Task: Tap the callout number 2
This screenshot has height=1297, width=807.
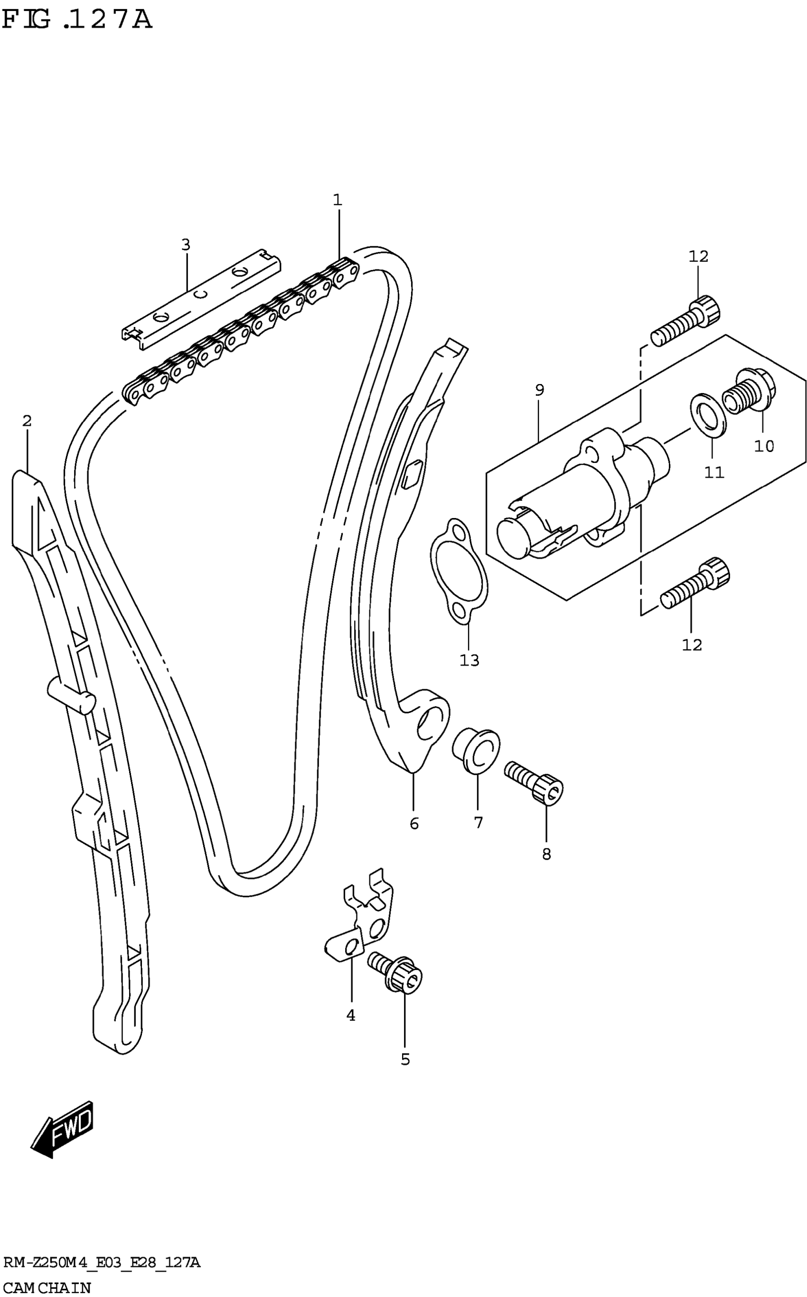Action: click(x=27, y=421)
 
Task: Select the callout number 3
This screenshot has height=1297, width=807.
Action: click(x=185, y=245)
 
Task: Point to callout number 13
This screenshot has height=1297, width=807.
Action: click(x=469, y=661)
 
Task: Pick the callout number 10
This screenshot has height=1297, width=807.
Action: click(x=764, y=446)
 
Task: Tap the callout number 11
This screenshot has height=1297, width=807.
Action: click(x=713, y=472)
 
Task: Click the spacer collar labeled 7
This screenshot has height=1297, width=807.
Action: click(x=477, y=750)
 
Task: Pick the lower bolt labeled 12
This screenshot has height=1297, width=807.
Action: click(x=695, y=586)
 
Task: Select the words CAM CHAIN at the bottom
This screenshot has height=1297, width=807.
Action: click(x=47, y=1287)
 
